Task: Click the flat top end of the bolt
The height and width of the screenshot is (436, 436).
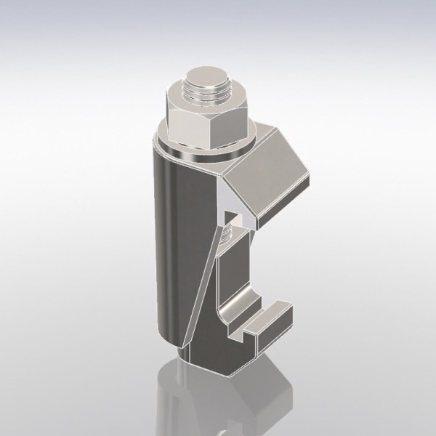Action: pos(206,76)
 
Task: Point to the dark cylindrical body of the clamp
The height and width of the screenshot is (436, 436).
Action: pos(171,233)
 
